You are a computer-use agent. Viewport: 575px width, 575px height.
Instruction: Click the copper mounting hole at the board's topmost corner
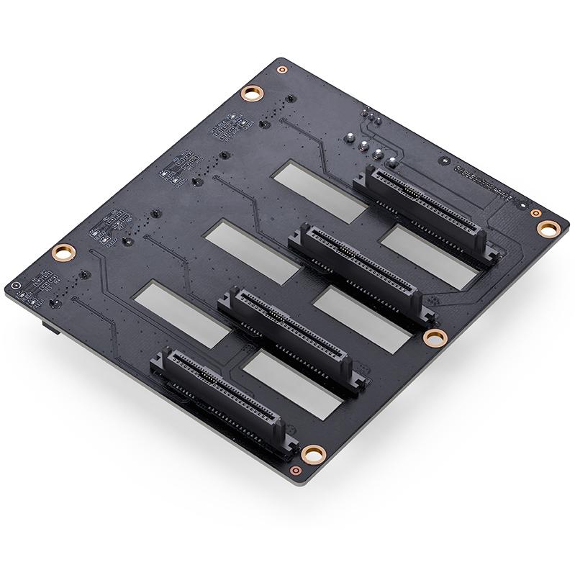(x=251, y=92)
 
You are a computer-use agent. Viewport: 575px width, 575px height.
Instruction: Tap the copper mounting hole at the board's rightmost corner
(x=548, y=229)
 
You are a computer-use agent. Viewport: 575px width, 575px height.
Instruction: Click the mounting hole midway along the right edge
(x=433, y=337)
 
